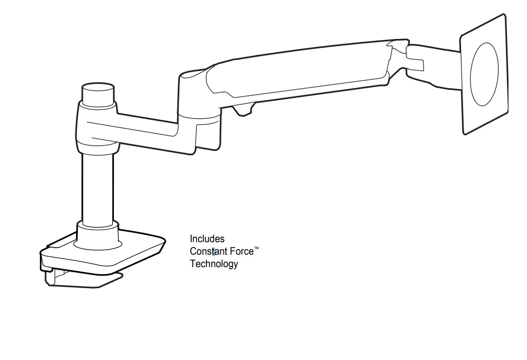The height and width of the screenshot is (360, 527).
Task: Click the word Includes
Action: click(207, 239)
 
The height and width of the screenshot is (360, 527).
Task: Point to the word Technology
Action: click(214, 264)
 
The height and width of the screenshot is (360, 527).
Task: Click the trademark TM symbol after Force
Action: click(256, 248)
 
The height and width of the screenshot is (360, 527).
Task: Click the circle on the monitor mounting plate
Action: click(485, 74)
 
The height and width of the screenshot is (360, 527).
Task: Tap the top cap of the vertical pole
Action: click(98, 93)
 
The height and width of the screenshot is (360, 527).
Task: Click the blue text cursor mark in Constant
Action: click(214, 252)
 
